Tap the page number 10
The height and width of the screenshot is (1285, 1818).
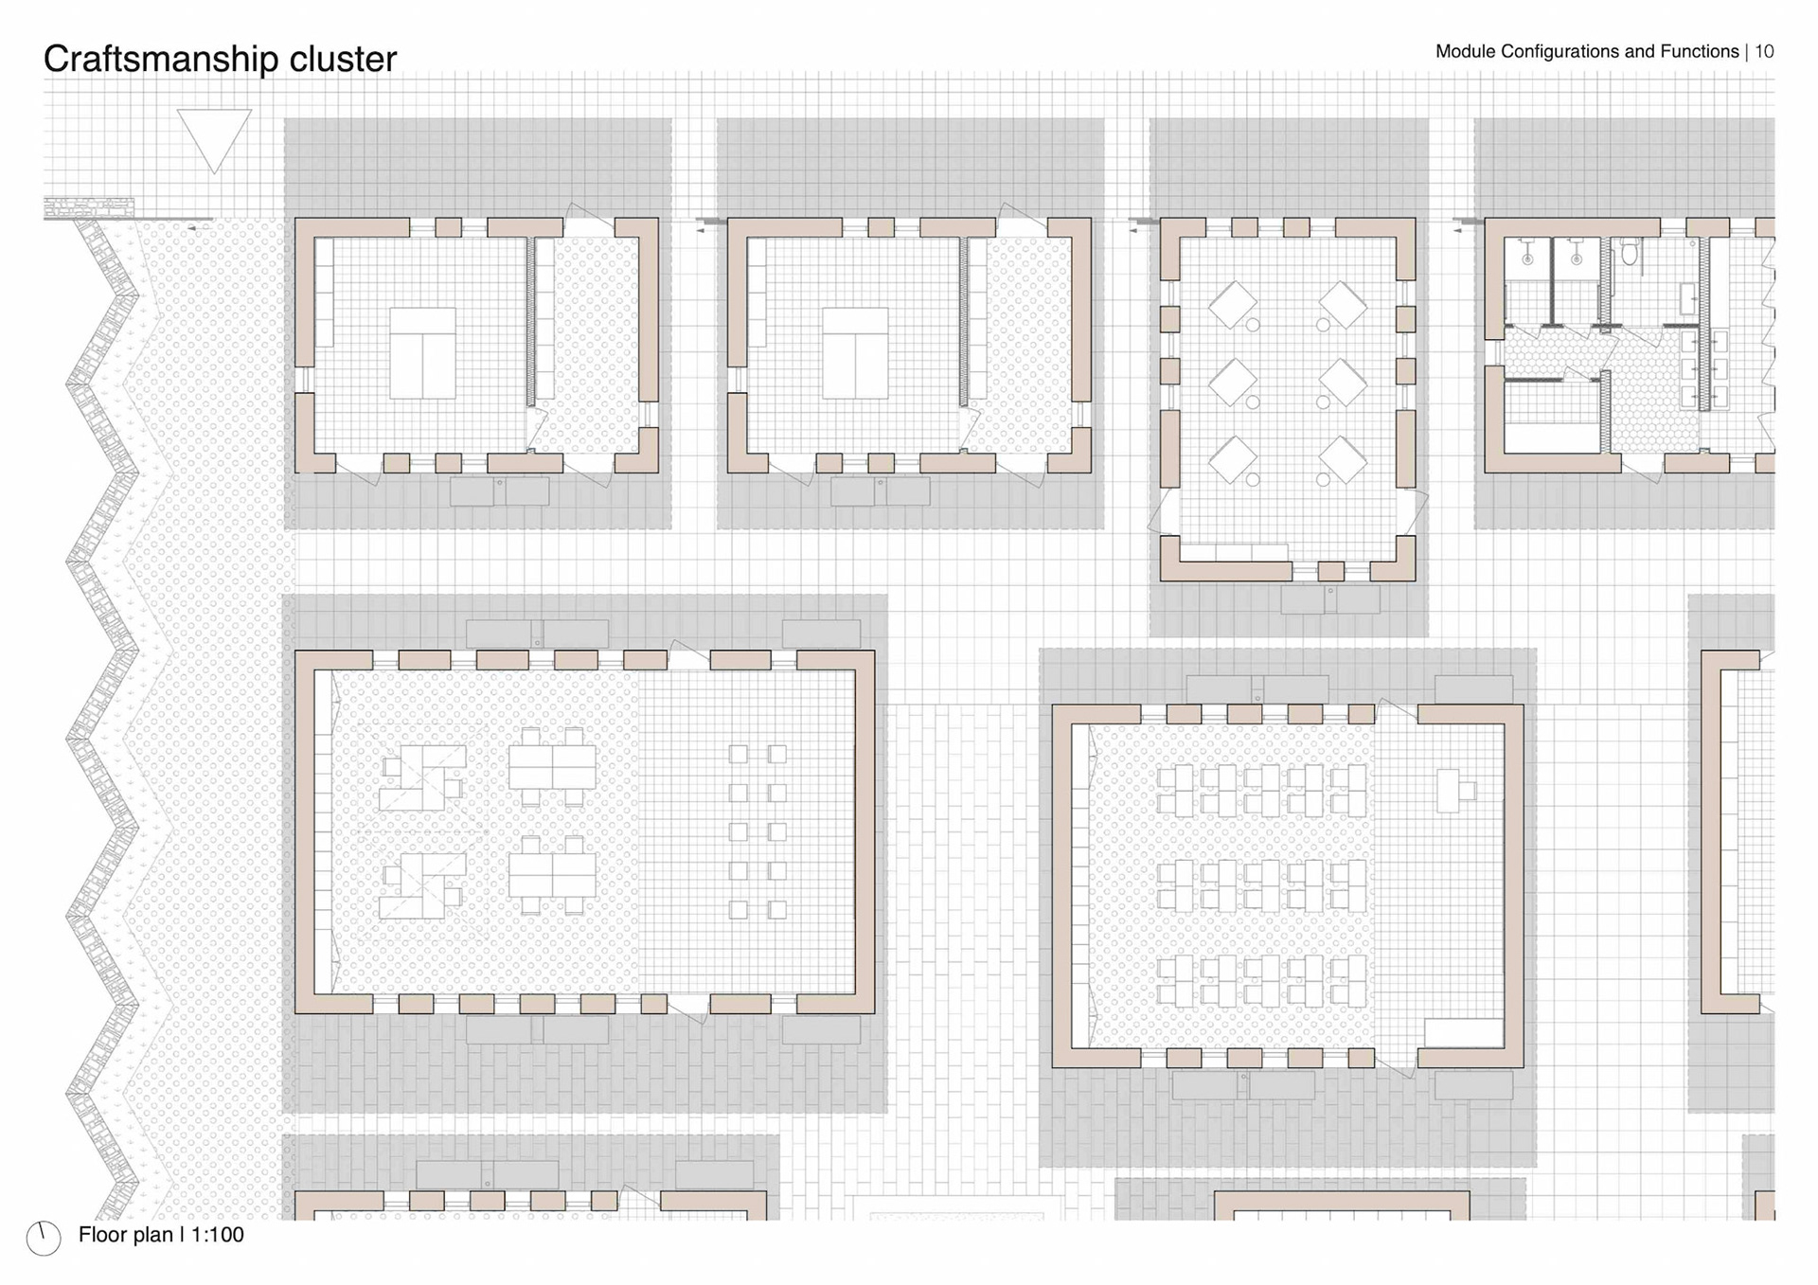(x=1764, y=51)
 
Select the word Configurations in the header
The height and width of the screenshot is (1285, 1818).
(x=1559, y=51)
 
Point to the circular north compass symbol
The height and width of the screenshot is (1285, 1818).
(x=44, y=1238)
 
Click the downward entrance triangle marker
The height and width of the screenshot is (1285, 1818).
(x=214, y=138)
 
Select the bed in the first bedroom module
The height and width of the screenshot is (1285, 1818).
(x=422, y=352)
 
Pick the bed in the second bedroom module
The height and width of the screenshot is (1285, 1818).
(x=855, y=352)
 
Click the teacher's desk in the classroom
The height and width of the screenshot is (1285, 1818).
(x=1447, y=791)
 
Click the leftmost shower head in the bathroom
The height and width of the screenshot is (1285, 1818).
(x=1527, y=257)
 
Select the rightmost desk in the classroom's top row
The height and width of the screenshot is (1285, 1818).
(x=1348, y=791)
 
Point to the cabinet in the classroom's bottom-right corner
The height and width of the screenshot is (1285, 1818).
(x=1463, y=1033)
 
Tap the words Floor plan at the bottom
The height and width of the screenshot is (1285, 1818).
(x=126, y=1235)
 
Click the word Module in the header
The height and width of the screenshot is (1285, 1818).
(x=1465, y=51)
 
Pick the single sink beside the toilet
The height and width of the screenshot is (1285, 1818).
(x=1688, y=298)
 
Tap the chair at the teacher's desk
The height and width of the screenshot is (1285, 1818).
(x=1468, y=791)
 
